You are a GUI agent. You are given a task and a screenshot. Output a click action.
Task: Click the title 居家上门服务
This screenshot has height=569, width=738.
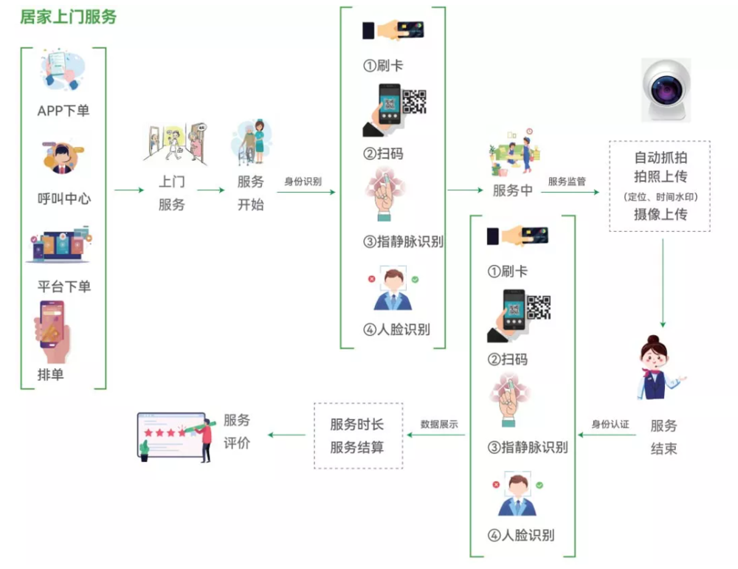pos(68,17)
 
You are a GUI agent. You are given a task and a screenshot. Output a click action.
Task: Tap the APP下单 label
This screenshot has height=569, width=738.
pos(63,111)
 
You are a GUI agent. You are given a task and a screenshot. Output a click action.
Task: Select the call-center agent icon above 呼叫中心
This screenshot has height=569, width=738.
pos(63,158)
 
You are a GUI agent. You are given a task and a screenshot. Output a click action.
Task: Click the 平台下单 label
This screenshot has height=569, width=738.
pos(64,286)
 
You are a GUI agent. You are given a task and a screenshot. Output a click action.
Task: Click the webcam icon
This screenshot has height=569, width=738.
pos(666,90)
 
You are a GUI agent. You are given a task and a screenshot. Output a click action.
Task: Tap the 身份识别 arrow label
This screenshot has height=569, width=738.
pos(303,182)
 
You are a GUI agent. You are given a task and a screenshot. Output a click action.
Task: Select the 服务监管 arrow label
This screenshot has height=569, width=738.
pos(567,182)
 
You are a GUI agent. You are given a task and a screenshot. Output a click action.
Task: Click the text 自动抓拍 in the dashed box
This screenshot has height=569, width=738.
pos(661,157)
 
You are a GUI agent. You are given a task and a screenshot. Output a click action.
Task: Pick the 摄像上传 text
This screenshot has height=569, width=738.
pos(661,215)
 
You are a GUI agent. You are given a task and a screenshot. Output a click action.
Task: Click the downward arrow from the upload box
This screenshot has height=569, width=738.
pos(663,283)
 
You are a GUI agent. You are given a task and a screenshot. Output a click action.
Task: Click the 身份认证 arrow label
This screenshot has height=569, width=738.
pos(610,424)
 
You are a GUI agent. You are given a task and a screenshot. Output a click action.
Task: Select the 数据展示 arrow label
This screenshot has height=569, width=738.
pos(439,424)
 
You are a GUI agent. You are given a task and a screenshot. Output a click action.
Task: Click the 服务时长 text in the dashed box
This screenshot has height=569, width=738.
pos(356,424)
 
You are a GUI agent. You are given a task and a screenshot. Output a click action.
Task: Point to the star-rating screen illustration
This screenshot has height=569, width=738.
pos(175,437)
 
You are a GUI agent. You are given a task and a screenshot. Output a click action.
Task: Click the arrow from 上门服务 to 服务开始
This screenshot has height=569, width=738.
pos(211,190)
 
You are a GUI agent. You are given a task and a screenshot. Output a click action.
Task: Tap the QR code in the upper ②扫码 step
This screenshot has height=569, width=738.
pos(415,102)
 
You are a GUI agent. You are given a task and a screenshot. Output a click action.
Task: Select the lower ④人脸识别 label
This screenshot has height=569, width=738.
pos(520,535)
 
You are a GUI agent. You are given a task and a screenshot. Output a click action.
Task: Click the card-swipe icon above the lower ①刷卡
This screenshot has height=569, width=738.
pos(517,235)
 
